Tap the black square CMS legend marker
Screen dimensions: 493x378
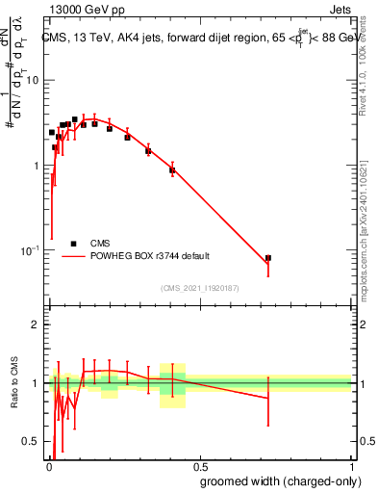point(73,244)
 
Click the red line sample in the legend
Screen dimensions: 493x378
point(73,256)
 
